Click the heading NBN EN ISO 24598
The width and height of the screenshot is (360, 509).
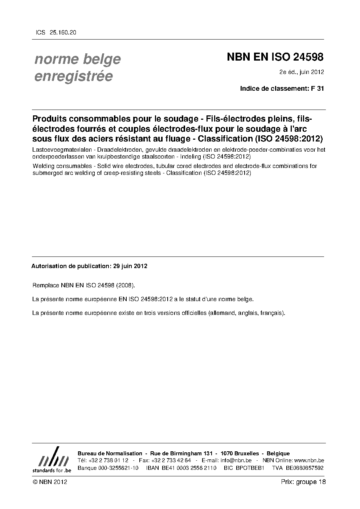tap(275, 57)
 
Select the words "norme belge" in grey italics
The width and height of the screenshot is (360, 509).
tap(77, 59)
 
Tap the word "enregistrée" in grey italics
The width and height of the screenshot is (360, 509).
tap(73, 76)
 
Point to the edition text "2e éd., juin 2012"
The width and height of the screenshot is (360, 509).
tap(301, 72)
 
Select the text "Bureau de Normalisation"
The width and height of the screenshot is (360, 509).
tap(110, 453)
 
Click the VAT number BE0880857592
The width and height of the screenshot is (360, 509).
tap(304, 468)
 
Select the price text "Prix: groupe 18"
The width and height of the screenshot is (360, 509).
tap(303, 482)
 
